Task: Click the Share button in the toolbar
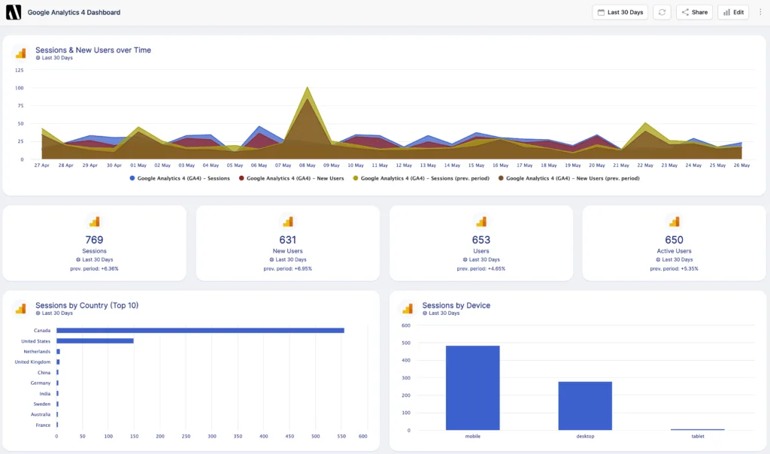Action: [x=694, y=12]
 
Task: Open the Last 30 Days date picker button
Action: [x=620, y=12]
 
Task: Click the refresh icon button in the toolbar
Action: [x=662, y=12]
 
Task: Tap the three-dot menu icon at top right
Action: [x=760, y=12]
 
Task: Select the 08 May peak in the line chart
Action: [x=307, y=89]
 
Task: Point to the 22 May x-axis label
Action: [x=645, y=165]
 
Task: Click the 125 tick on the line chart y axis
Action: [x=19, y=70]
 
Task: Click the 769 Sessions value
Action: [x=94, y=240]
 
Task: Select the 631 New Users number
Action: [x=288, y=240]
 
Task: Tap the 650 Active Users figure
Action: [x=674, y=240]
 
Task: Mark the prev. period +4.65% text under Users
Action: [x=481, y=268]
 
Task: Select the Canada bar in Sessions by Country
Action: [x=200, y=330]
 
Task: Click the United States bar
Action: [x=95, y=340]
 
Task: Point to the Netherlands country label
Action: [x=36, y=351]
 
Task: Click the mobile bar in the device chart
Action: [x=472, y=387]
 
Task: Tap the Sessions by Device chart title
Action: [x=456, y=305]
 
